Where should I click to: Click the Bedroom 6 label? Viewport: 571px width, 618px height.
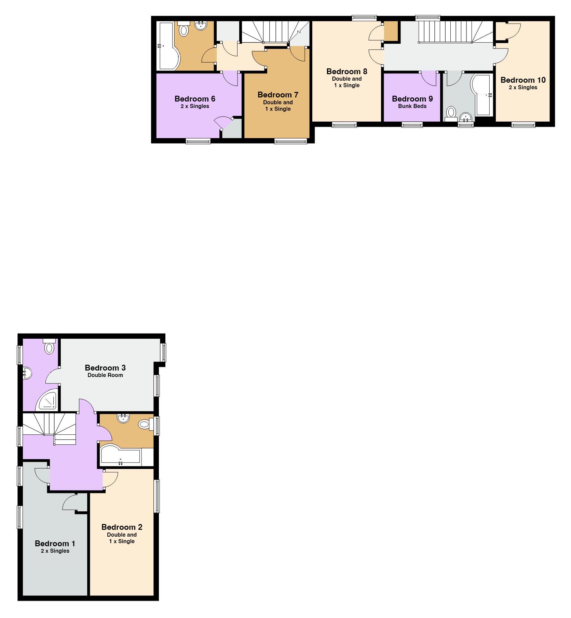[x=195, y=99]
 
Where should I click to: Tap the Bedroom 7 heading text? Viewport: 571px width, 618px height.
[x=278, y=95]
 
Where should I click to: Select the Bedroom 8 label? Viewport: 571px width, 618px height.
[x=346, y=71]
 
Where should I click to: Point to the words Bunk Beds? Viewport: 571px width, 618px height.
[x=412, y=106]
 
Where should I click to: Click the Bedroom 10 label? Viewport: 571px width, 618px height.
[x=523, y=80]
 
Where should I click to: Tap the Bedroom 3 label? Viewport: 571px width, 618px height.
[x=105, y=368]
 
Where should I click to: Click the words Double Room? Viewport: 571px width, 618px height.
[x=105, y=375]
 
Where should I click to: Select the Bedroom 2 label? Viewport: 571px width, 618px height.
[x=122, y=527]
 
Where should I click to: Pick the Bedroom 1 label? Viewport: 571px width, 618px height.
[x=55, y=543]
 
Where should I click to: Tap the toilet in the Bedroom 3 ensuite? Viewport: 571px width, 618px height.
[x=49, y=346]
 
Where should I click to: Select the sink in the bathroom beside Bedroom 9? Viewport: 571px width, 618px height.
[x=466, y=118]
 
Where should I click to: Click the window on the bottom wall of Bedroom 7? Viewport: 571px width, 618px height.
[x=291, y=140]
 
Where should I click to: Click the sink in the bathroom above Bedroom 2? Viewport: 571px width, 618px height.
[x=123, y=418]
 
